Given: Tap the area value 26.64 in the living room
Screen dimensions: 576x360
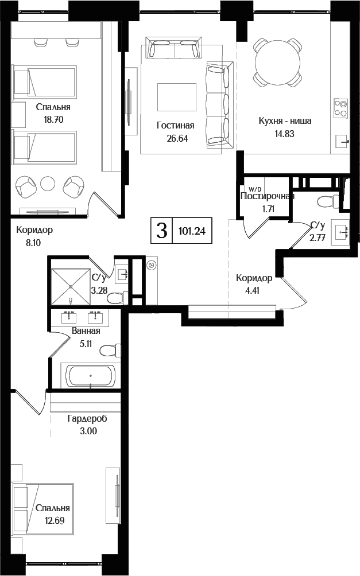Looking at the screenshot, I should (x=176, y=138).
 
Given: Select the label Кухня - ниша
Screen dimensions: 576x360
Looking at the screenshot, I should (x=285, y=121).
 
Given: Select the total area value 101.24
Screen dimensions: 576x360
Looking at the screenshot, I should (x=192, y=232).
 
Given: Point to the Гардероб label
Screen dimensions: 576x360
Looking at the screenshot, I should (x=87, y=419).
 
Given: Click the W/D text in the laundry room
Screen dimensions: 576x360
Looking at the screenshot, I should (x=254, y=189).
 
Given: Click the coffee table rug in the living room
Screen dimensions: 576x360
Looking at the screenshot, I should (x=176, y=96).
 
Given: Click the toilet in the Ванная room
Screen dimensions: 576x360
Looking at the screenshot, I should (x=110, y=350).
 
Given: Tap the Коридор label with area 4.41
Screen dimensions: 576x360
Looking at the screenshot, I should (x=254, y=278).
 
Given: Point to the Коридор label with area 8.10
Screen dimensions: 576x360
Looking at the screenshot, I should (x=34, y=230).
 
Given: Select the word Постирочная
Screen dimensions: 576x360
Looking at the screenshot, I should (x=267, y=196).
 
